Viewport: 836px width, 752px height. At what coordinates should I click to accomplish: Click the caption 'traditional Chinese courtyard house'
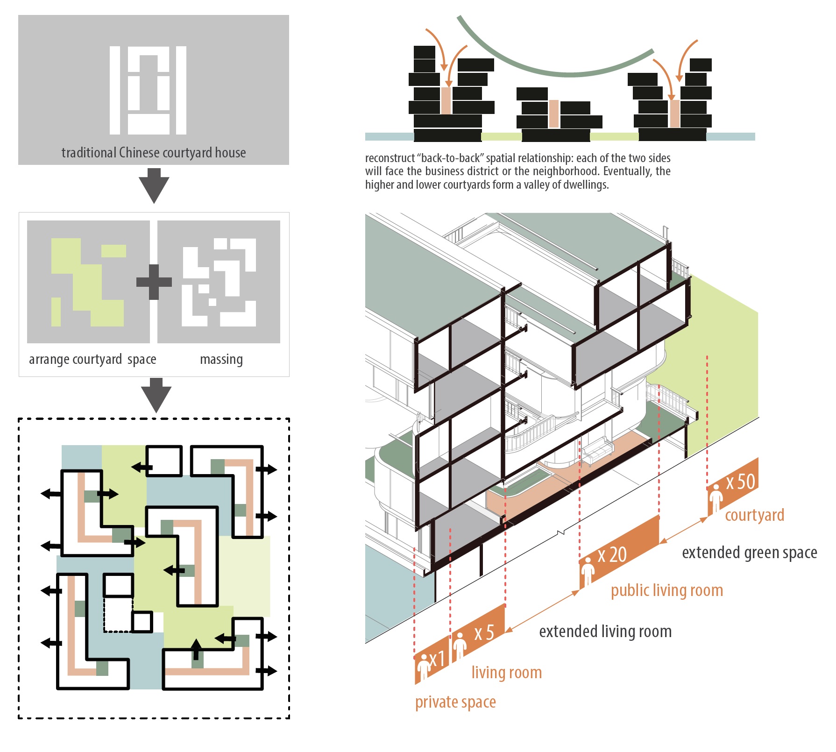coord(154,153)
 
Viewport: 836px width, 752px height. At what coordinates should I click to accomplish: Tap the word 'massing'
coord(221,359)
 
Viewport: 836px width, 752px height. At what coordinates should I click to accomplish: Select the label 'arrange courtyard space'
coord(92,359)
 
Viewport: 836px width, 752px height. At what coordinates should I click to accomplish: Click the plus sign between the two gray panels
coord(154,282)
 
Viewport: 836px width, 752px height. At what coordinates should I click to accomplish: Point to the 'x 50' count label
coord(740,482)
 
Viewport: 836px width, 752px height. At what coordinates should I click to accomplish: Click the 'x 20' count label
coord(612,555)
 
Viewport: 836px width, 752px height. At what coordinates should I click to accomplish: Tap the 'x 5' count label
coord(484,633)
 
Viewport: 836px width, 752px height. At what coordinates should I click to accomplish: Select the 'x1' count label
coord(437,659)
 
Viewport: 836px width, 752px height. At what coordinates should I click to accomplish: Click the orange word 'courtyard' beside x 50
coord(754,515)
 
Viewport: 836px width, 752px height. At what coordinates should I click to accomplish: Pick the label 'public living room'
coord(667,590)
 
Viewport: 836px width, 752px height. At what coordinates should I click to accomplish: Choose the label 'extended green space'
coord(749,553)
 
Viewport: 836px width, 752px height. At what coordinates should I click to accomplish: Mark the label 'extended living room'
coord(605,631)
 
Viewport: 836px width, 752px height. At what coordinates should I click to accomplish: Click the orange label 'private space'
coord(455,702)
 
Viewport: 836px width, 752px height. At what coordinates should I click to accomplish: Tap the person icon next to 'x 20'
coord(588,573)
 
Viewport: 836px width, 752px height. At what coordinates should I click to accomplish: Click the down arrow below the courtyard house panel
coord(154,185)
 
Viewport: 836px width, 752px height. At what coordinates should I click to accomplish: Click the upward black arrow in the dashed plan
coord(197,649)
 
